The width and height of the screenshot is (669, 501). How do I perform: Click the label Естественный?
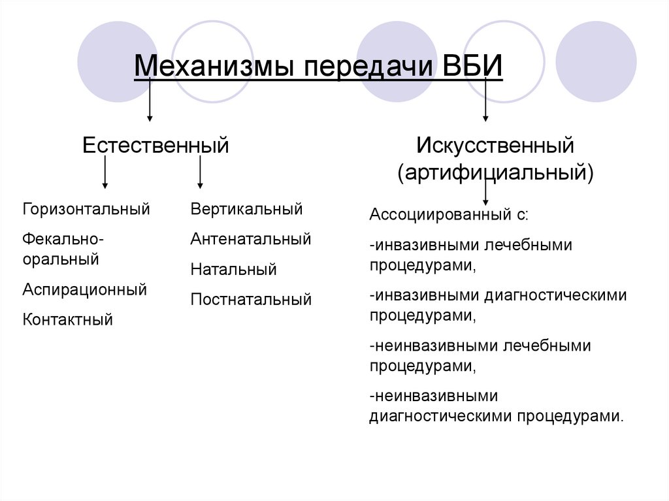pos(155,144)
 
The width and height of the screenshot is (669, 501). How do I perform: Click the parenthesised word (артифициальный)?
pos(496,173)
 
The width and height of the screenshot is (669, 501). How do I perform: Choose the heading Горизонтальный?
pos(86,209)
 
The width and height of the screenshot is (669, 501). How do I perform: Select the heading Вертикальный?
pos(246,209)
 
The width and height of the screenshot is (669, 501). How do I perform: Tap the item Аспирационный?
pos(84,289)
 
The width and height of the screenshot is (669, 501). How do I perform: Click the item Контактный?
pos(67,319)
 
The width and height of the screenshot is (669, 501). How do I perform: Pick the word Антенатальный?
pos(251,239)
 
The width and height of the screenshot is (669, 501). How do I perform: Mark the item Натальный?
pos(233,269)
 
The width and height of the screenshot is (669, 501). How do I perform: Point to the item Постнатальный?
pos(251,300)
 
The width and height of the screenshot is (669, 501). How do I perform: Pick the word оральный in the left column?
pos(61,259)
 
